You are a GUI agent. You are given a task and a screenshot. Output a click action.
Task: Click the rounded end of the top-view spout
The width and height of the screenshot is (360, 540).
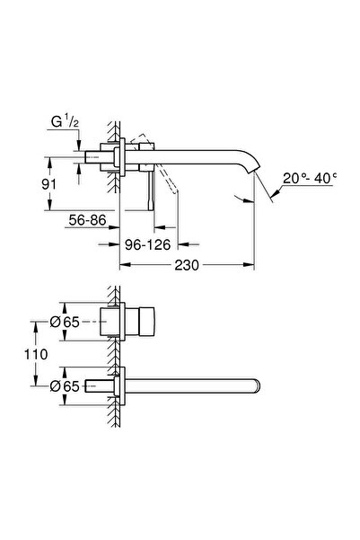pyautogui.click(x=258, y=385)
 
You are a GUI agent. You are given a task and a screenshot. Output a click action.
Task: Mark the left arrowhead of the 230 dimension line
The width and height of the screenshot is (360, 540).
pyautogui.click(x=123, y=266)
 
